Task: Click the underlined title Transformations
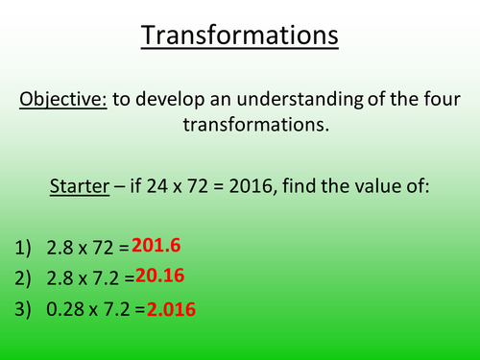coord(240,36)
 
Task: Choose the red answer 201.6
coord(156,246)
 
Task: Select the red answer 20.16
coord(159,276)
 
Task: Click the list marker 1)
coord(26,248)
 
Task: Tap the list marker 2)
coord(26,278)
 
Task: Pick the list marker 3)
coord(26,309)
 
